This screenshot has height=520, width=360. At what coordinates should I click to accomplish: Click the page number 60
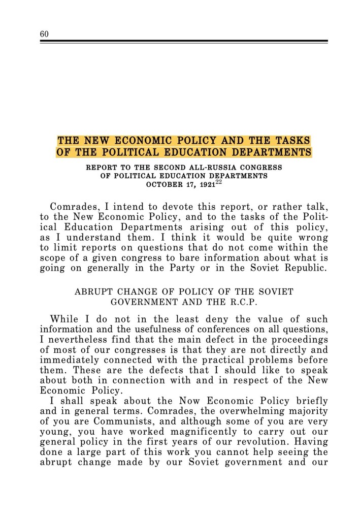43,34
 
